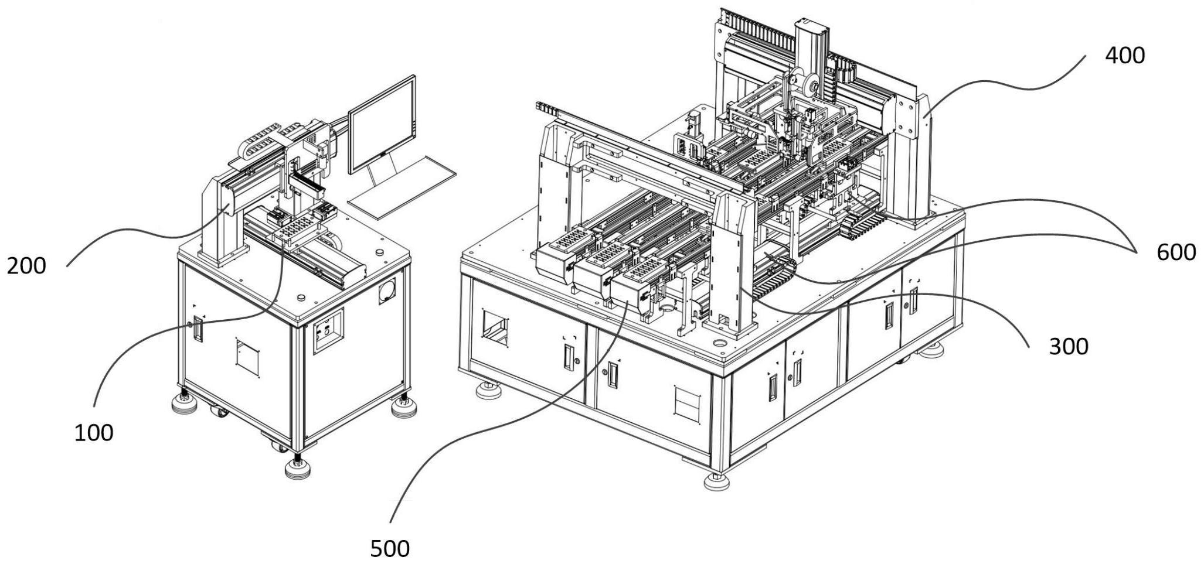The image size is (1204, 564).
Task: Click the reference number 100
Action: pyautogui.click(x=93, y=433)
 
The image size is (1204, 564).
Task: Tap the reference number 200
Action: pyautogui.click(x=26, y=266)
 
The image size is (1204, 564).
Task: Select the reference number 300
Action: pyautogui.click(x=1068, y=347)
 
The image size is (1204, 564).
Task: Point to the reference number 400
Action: pyautogui.click(x=1124, y=56)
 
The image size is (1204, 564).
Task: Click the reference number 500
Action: pyautogui.click(x=390, y=548)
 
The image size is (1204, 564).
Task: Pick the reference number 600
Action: pyautogui.click(x=1176, y=252)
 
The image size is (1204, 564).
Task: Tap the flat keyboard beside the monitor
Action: pyautogui.click(x=402, y=187)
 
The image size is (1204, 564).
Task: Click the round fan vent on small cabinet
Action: pyautogui.click(x=387, y=291)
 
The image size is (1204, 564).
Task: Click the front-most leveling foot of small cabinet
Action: pyautogui.click(x=298, y=468)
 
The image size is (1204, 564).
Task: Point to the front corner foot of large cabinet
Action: pyautogui.click(x=716, y=481)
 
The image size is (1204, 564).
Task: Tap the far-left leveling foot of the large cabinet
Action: pyautogui.click(x=488, y=389)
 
